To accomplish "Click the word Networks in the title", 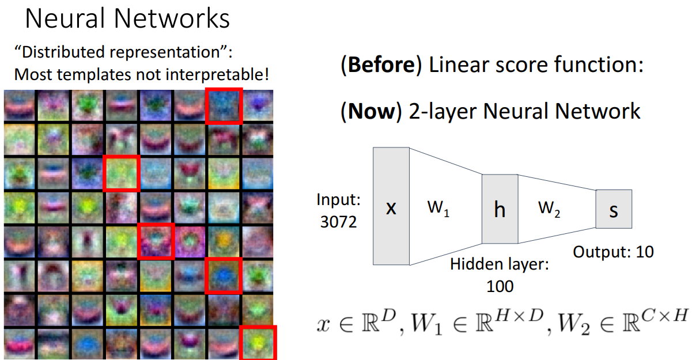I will coord(173,19).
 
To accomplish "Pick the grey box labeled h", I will coord(500,210).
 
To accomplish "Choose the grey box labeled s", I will coord(614,210).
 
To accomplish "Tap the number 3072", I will coord(338,222).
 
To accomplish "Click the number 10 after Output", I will coord(643,252).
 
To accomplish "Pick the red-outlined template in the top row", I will coord(224,105).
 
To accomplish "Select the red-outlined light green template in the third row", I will coord(121,173).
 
